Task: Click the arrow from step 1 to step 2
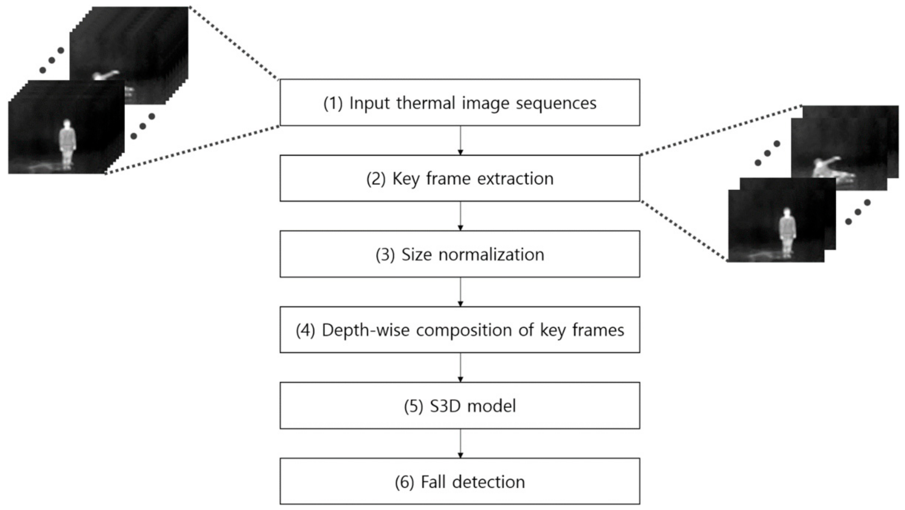tap(460, 140)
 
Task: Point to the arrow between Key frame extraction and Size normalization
tap(460, 216)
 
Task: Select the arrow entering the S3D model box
tap(460, 368)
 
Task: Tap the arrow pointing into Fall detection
tap(460, 444)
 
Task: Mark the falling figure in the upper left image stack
tap(105, 76)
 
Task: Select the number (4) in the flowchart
tap(305, 331)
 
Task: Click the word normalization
tap(491, 255)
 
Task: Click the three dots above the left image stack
tap(52, 60)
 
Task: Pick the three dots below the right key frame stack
tap(858, 212)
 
